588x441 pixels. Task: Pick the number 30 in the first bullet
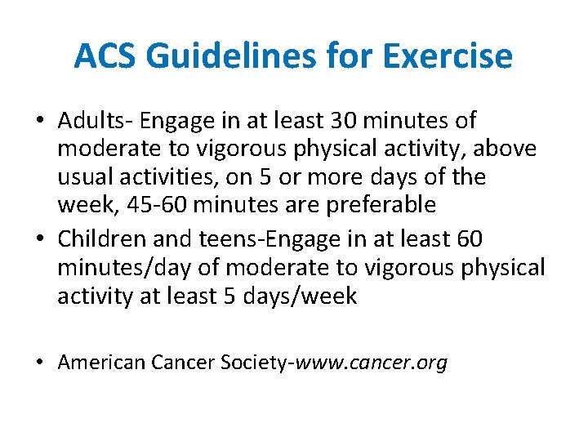coord(341,121)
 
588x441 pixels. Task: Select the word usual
coord(85,176)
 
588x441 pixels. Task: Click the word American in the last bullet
coord(101,362)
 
